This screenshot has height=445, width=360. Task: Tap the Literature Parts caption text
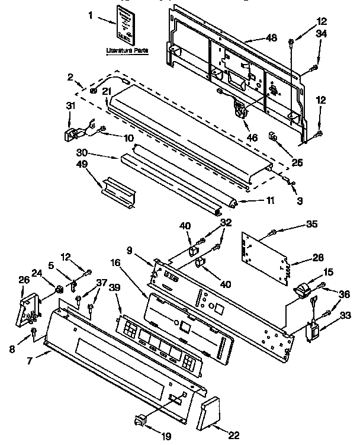tap(127, 50)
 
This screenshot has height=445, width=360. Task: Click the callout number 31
tap(70, 106)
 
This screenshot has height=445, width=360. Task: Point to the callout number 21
tap(107, 91)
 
